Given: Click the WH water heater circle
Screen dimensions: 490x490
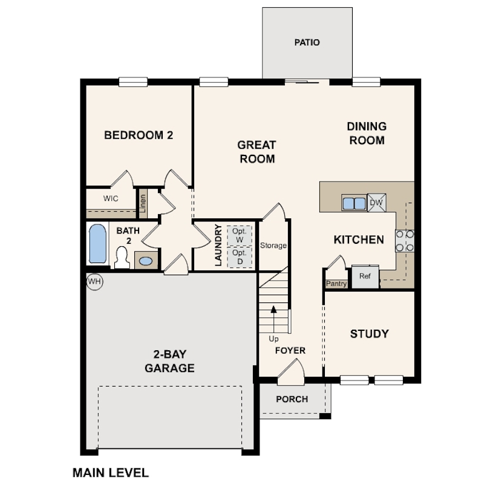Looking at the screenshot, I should (x=94, y=281).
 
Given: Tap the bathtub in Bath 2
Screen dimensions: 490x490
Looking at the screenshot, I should (x=97, y=243).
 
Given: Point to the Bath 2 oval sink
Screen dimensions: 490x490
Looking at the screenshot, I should (x=146, y=261).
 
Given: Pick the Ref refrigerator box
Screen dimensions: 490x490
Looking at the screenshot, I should (x=365, y=276).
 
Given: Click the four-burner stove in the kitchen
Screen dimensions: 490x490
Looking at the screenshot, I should (x=405, y=240).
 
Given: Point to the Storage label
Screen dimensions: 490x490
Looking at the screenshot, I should (x=273, y=246).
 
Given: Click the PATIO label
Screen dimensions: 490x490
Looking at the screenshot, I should (x=307, y=43).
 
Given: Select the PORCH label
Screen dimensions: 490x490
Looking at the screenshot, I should (x=292, y=399).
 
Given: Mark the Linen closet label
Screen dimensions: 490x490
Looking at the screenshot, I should (x=143, y=203).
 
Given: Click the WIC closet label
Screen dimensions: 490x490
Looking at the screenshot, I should (x=110, y=198).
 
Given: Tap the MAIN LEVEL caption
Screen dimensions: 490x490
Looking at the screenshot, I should (x=110, y=472).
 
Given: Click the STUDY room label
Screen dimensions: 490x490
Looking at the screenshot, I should (x=369, y=333).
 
